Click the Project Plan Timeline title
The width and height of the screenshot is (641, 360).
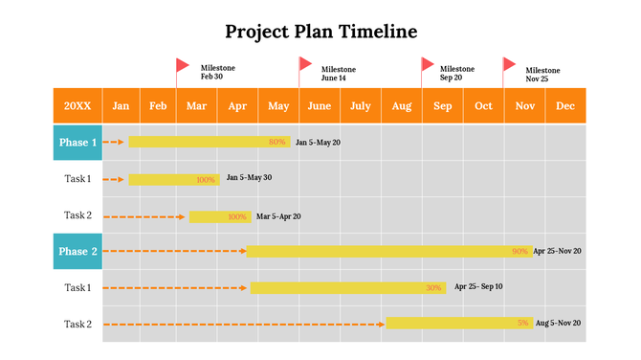[320, 32]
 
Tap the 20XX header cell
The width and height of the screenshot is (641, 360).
[77, 105]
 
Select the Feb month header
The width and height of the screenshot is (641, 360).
[159, 105]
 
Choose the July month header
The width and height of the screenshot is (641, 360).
[361, 105]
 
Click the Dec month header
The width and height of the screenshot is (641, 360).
[565, 105]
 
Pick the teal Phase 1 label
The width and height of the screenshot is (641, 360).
[77, 143]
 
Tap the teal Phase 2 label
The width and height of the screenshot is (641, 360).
[77, 252]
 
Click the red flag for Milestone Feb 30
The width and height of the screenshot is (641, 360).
[182, 65]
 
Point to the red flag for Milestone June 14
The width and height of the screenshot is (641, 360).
[305, 64]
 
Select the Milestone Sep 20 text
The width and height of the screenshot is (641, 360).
[456, 73]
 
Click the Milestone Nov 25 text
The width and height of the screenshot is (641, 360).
[542, 74]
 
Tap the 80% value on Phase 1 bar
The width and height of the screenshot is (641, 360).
[277, 143]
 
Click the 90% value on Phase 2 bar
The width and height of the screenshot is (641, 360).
[519, 252]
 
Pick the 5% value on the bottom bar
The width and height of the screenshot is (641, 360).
[522, 324]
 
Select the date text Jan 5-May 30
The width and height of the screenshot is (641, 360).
[249, 178]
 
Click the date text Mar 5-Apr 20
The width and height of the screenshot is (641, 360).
[278, 216]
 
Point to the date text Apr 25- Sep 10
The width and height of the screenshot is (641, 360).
[478, 287]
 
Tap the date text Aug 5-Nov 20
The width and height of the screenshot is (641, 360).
[558, 324]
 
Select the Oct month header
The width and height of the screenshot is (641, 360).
[484, 105]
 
